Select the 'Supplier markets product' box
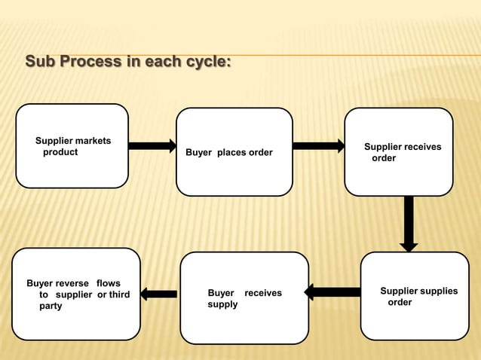[72, 146]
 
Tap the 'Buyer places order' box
[234, 152]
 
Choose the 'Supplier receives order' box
[399, 152]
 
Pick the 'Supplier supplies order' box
[415, 296]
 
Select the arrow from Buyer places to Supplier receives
[318, 145]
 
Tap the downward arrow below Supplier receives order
[409, 224]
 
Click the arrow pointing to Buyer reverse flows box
[159, 294]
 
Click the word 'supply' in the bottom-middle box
[222, 304]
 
